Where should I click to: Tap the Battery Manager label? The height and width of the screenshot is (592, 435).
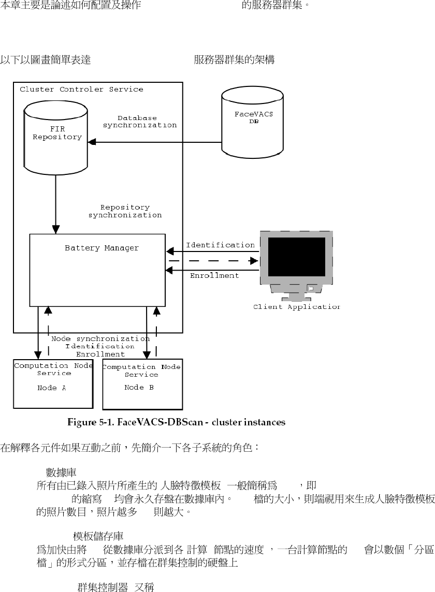pyautogui.click(x=102, y=248)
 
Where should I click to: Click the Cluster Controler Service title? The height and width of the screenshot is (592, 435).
pyautogui.click(x=81, y=89)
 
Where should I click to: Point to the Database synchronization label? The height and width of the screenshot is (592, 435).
pyautogui.click(x=140, y=122)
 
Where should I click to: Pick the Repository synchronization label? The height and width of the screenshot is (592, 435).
pyautogui.click(x=125, y=211)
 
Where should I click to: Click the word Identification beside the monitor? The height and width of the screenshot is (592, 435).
pyautogui.click(x=220, y=245)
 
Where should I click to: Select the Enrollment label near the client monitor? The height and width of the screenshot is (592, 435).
pyautogui.click(x=214, y=276)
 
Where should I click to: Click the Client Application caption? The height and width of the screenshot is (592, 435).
pyautogui.click(x=297, y=307)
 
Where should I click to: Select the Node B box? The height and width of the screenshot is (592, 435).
pyautogui.click(x=142, y=383)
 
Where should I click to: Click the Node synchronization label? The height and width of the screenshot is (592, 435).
pyautogui.click(x=100, y=339)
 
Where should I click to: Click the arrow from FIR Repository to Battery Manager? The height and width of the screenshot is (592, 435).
pyautogui.click(x=55, y=207)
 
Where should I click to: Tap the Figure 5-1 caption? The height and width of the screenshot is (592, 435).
pyautogui.click(x=177, y=422)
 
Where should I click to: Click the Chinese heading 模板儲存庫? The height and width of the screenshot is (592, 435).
pyautogui.click(x=98, y=535)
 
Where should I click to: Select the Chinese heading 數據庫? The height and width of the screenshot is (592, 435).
pyautogui.click(x=62, y=471)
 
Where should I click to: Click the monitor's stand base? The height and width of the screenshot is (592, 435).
pyautogui.click(x=296, y=298)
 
